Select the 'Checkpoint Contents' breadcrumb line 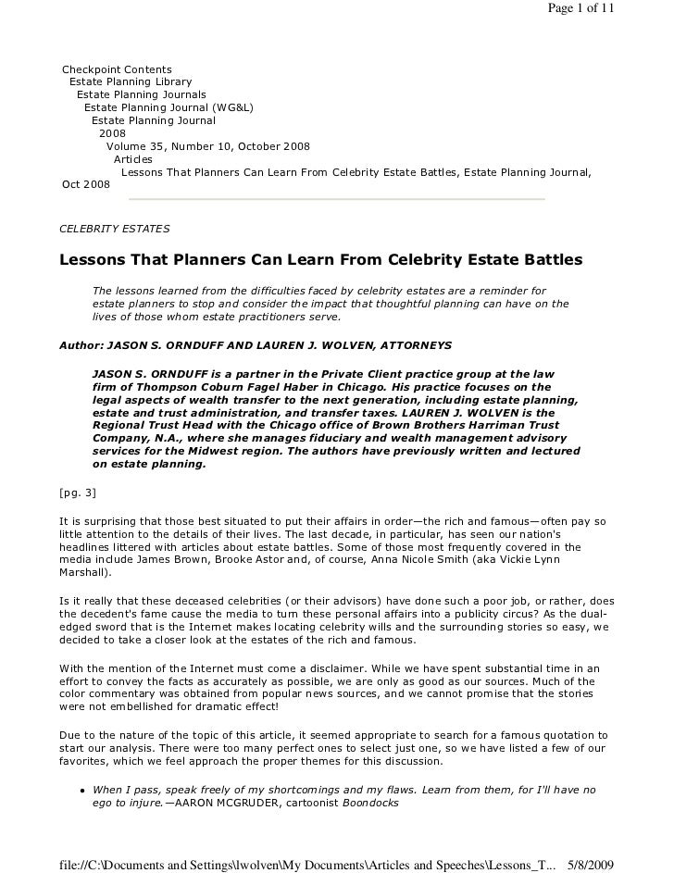pos(116,69)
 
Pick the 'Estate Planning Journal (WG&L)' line pos(168,107)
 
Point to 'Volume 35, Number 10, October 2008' pos(208,146)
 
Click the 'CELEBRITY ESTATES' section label pos(114,228)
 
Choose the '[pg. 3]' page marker pos(78,491)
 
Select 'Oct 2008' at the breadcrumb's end pos(85,184)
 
